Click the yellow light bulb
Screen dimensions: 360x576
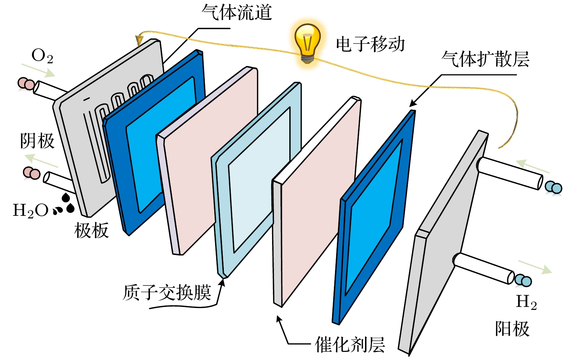308,42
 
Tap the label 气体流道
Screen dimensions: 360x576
237,12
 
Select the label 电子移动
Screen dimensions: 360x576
370,44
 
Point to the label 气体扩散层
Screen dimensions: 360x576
485,59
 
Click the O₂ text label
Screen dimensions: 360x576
42,56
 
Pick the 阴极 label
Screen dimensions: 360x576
37,141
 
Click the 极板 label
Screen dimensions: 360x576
91,230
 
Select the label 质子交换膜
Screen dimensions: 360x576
167,293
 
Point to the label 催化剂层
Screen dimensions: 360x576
350,345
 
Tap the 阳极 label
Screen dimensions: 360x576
512,329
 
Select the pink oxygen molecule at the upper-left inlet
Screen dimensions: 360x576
26,84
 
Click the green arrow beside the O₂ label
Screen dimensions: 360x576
38,70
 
